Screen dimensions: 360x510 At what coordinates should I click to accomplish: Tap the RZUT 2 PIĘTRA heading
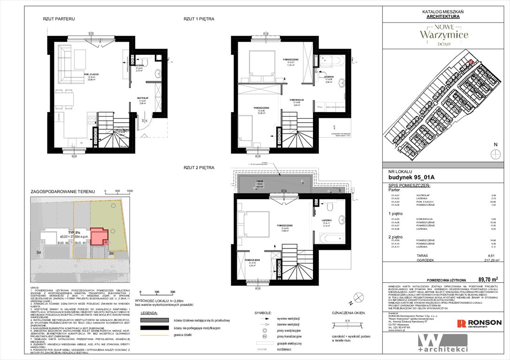pyautogui.click(x=199, y=167)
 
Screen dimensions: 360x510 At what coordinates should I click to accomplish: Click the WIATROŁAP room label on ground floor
pyautogui.click(x=144, y=98)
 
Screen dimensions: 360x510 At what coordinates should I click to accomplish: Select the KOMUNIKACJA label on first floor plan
pyautogui.click(x=297, y=100)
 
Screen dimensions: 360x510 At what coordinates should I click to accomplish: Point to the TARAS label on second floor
pyautogui.click(x=259, y=182)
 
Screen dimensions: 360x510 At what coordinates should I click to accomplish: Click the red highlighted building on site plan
pyautogui.click(x=98, y=236)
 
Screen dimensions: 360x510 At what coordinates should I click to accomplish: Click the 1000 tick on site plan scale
pyautogui.click(x=129, y=191)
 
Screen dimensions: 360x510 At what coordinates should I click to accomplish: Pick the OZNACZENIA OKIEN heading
pyautogui.click(x=348, y=312)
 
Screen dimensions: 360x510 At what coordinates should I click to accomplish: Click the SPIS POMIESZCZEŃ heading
pyautogui.click(x=409, y=186)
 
